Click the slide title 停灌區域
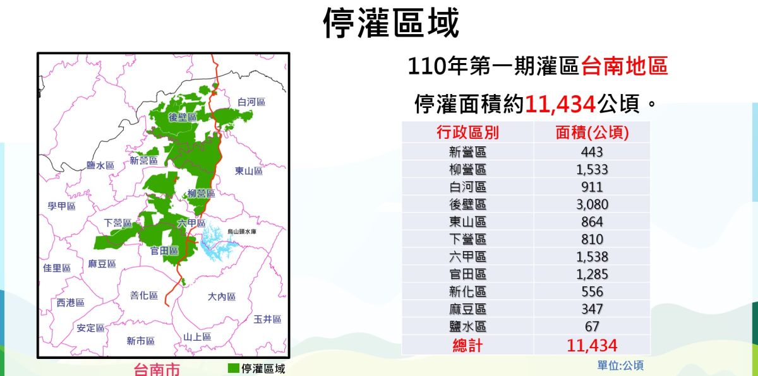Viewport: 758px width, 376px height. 392,24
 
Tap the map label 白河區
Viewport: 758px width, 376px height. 251,102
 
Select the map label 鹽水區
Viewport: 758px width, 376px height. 100,165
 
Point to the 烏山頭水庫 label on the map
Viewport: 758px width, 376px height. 242,232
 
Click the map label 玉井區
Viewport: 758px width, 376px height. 267,319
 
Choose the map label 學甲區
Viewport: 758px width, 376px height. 61,206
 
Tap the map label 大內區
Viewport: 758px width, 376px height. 222,297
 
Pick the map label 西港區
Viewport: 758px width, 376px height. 70,303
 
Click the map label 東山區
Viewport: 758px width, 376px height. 248,171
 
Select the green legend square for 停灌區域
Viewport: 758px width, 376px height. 233,368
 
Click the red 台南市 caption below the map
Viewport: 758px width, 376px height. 157,370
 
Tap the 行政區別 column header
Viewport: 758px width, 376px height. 467,132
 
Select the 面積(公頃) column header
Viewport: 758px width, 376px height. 592,132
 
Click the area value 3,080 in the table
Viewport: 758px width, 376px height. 592,204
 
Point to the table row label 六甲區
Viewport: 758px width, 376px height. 467,257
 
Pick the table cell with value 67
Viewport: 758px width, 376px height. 592,327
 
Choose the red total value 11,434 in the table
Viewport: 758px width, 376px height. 592,345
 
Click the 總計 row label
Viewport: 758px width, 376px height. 467,345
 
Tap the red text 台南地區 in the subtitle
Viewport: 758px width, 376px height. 624,66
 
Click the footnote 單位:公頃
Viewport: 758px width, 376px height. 620,365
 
